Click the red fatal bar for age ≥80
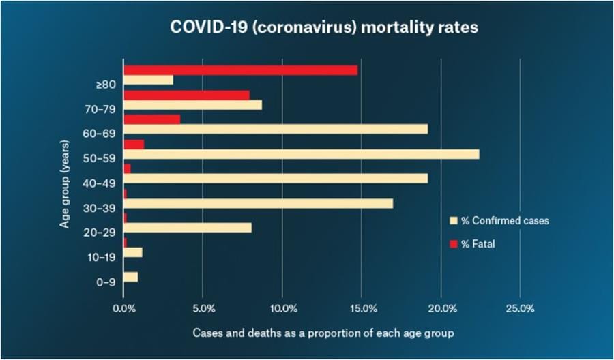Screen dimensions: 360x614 pyautogui.click(x=240, y=70)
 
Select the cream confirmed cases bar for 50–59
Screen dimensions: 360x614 pyautogui.click(x=301, y=154)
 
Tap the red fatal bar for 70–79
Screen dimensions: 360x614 pyautogui.click(x=186, y=95)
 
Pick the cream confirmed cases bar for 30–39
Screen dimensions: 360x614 pyautogui.click(x=258, y=203)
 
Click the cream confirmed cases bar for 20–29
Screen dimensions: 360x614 pyautogui.click(x=187, y=228)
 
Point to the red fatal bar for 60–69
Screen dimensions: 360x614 pyautogui.click(x=151, y=119)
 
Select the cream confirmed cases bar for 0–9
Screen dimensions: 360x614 pyautogui.click(x=130, y=277)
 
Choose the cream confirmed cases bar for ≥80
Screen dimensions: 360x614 pyautogui.click(x=148, y=80)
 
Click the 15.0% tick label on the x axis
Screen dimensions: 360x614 pyautogui.click(x=364, y=309)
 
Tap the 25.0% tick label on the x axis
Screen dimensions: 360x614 pyautogui.click(x=521, y=309)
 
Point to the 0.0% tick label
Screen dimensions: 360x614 pyautogui.click(x=123, y=309)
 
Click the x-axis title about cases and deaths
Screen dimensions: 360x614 pyautogui.click(x=323, y=333)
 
